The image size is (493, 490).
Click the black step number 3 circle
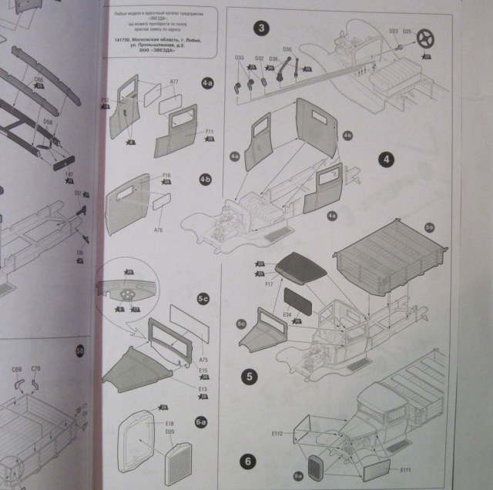263,29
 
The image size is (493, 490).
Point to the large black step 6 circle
247,461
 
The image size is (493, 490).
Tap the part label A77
174,82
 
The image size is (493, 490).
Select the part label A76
159,230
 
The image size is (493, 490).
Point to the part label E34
287,314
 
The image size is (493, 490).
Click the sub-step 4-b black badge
205,180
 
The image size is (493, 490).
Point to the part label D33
239,58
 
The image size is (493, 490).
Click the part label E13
182,389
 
